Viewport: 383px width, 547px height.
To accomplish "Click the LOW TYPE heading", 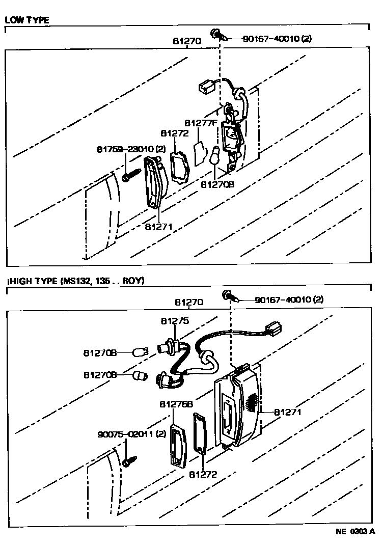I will click(x=27, y=20).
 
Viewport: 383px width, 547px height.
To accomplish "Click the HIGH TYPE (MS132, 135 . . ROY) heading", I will click(x=77, y=281).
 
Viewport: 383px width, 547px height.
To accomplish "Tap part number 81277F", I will click(x=201, y=123).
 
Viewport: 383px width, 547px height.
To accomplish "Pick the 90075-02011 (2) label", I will click(x=132, y=434).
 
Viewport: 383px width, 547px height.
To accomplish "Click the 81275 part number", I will click(x=175, y=321).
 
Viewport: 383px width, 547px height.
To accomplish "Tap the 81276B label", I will click(x=176, y=404).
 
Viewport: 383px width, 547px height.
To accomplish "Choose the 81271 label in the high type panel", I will click(x=288, y=412).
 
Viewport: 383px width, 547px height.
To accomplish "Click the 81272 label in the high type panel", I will click(x=203, y=474).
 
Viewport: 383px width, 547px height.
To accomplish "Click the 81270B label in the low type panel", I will click(x=217, y=185).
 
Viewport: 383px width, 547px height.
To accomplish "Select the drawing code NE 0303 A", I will click(x=355, y=531).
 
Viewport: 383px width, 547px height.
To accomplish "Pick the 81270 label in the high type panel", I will click(x=189, y=302).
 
